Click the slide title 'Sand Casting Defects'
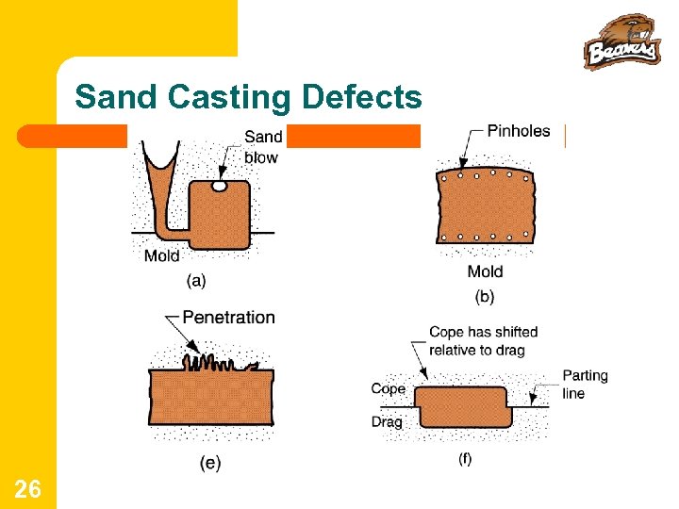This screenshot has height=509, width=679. [248, 97]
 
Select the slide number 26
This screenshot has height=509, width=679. [27, 488]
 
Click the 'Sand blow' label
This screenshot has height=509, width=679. [262, 147]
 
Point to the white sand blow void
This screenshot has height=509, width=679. [219, 187]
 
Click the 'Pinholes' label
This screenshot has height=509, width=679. [518, 131]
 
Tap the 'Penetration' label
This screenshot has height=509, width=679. [228, 318]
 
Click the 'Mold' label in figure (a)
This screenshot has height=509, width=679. [162, 255]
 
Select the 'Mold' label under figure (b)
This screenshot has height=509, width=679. [485, 271]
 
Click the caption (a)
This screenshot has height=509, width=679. [197, 280]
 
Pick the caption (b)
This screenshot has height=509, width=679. [485, 296]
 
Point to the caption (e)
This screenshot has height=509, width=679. [210, 463]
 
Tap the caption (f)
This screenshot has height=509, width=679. [465, 459]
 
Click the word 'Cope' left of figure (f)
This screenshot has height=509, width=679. [388, 388]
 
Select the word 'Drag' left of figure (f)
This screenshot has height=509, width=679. [387, 421]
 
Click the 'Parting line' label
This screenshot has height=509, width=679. [585, 384]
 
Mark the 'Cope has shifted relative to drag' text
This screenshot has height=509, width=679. [483, 340]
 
